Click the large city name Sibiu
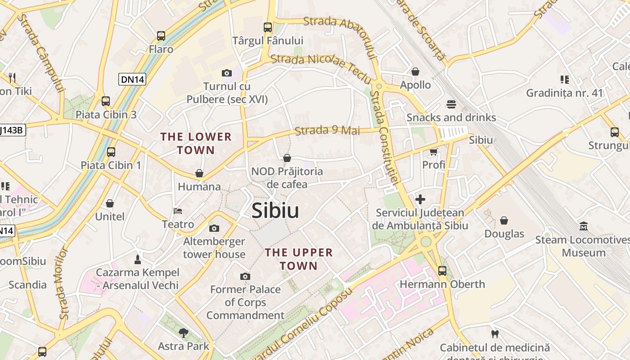[x=275, y=210]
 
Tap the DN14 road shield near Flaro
[x=132, y=80]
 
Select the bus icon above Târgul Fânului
[x=268, y=27]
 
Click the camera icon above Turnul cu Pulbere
[x=227, y=73]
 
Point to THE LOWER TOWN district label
[x=196, y=143]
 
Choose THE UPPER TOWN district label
[x=299, y=259]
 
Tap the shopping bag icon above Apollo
[x=415, y=72]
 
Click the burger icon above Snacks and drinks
[x=451, y=104]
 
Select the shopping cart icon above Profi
[x=433, y=152]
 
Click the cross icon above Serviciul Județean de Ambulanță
[x=420, y=199]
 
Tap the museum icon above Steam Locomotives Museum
[x=584, y=226]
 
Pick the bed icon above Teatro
[x=178, y=211]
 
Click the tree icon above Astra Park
[x=183, y=333]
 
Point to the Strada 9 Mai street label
[x=328, y=130]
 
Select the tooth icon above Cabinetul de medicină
[x=495, y=334]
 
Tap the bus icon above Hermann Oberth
[x=442, y=270]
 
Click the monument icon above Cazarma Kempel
[x=138, y=260]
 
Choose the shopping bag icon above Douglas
[x=504, y=220]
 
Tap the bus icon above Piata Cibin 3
[x=106, y=101]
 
